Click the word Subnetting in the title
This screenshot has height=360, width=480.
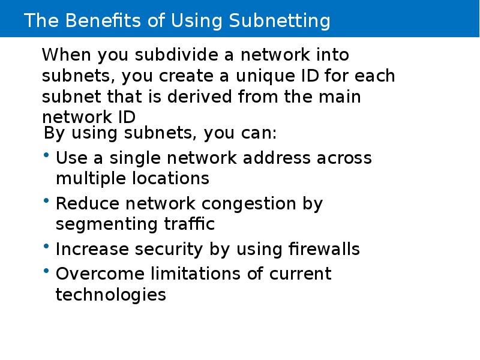[x=280, y=21]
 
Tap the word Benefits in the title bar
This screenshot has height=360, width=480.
[x=103, y=20]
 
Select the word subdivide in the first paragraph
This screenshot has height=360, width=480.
[x=176, y=55]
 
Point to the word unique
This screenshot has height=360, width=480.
[x=265, y=76]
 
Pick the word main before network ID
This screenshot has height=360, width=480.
[x=340, y=97]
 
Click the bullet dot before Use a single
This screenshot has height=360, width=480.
[x=46, y=155]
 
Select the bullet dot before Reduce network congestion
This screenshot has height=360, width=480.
[x=46, y=200]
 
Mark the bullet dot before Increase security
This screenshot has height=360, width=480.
[x=46, y=246]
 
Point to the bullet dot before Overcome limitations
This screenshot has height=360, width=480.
[x=46, y=271]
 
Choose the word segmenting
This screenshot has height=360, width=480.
[x=107, y=224]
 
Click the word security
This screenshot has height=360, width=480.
[x=169, y=250]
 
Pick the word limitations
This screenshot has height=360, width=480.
[x=195, y=273]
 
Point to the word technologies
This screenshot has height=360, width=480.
[x=111, y=295]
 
